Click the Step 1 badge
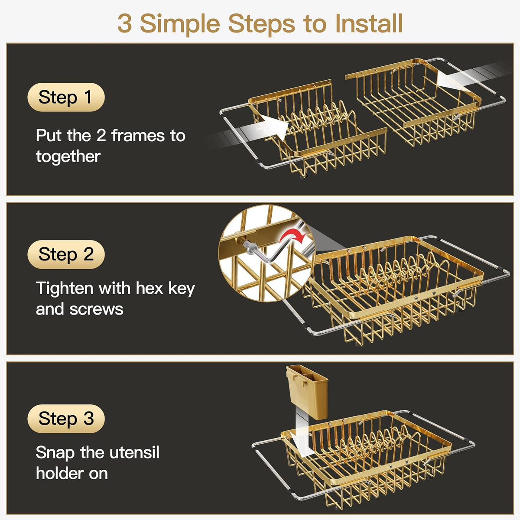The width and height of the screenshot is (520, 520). click(x=66, y=97)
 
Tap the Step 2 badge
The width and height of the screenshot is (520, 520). click(x=66, y=254)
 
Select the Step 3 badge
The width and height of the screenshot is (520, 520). click(x=66, y=419)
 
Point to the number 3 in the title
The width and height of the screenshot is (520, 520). click(x=125, y=24)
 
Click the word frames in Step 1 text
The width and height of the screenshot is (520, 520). click(x=138, y=135)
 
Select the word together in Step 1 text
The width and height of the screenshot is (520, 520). click(x=68, y=157)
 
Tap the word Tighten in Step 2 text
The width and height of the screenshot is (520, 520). click(x=65, y=288)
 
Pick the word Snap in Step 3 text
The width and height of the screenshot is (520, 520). click(x=55, y=452)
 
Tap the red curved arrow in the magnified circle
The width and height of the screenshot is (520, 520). click(x=293, y=237)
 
